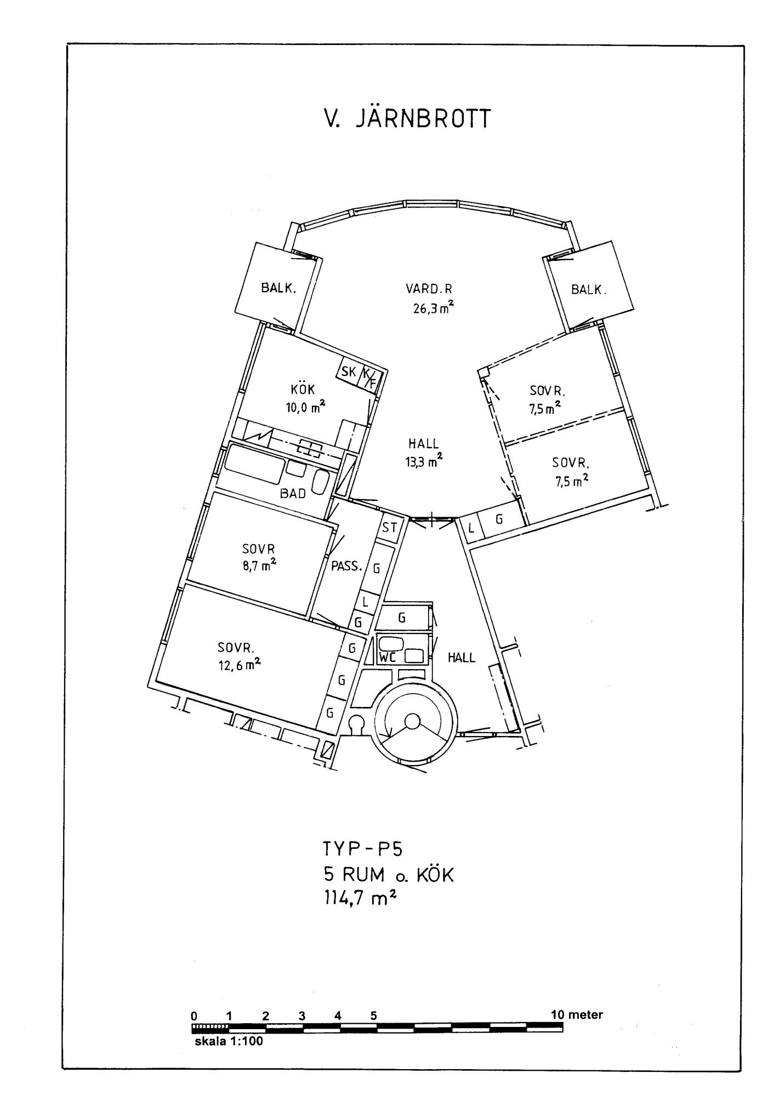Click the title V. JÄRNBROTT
click(x=406, y=119)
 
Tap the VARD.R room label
click(x=429, y=288)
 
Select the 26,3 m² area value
click(x=433, y=307)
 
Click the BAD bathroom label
click(x=293, y=493)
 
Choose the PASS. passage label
click(x=347, y=566)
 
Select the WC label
click(x=388, y=658)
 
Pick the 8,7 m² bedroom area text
click(x=259, y=566)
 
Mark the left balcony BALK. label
click(x=278, y=288)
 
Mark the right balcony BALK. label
click(x=589, y=289)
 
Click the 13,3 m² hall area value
click(x=424, y=461)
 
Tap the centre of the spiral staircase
click(x=412, y=721)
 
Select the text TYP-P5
click(x=363, y=849)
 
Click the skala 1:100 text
click(x=229, y=1041)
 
